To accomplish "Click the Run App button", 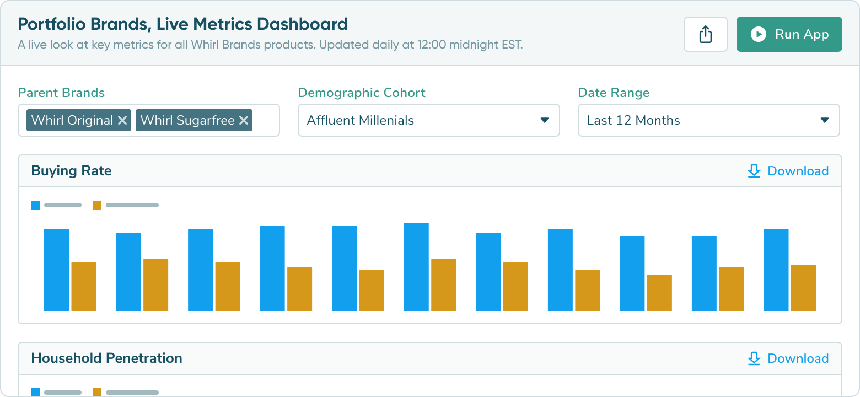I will [x=789, y=34].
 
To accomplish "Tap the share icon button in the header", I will [x=705, y=34].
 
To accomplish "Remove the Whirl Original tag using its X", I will [x=122, y=120].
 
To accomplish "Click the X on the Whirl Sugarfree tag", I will [x=243, y=120].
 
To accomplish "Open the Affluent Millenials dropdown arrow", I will [x=545, y=120].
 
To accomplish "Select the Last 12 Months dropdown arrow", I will [x=825, y=120].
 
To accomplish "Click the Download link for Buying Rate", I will [x=788, y=171].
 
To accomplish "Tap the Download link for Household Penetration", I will [x=788, y=358].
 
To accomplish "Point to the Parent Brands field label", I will [x=61, y=93].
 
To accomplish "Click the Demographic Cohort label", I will [x=362, y=93].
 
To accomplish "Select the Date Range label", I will [x=614, y=93].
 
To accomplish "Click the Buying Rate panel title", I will [x=71, y=171].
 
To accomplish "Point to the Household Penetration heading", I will [x=106, y=358].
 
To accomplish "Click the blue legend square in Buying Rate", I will [x=35, y=205].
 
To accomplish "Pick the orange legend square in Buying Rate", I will [x=97, y=205].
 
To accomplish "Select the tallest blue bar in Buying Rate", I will [x=416, y=267].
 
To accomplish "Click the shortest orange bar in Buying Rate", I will [x=659, y=293].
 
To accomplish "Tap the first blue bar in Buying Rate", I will [x=56, y=270].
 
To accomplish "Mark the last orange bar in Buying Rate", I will [x=803, y=288].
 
